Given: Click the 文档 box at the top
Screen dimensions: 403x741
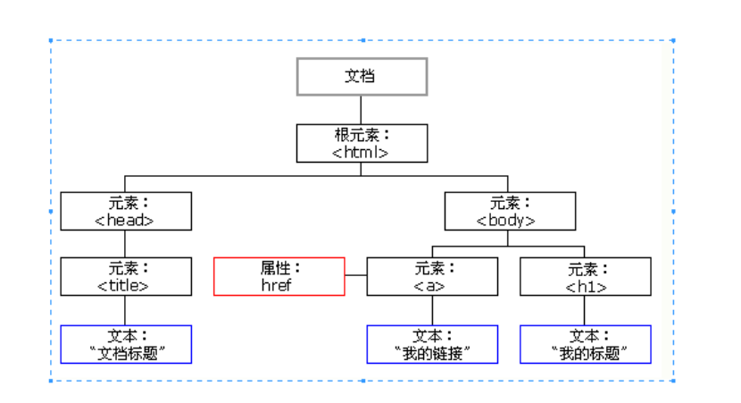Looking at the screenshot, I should [362, 77].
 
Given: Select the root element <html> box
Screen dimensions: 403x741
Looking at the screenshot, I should [362, 143].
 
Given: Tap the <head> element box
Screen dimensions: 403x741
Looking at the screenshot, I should [126, 212].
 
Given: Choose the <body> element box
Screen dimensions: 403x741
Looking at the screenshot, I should [509, 212].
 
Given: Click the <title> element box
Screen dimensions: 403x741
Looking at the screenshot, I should [126, 277].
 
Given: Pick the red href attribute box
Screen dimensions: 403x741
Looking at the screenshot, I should [279, 277].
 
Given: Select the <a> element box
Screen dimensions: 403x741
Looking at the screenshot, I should [432, 277].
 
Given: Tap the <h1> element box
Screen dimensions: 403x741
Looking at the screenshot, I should [585, 277].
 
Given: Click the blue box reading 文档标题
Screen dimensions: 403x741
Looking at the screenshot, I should [126, 344].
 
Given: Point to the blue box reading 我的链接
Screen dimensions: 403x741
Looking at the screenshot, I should [432, 344].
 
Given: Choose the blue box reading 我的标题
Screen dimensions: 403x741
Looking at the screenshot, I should [585, 344].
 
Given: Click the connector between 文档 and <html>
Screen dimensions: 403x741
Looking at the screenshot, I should [362, 109].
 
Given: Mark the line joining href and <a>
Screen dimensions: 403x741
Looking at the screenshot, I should [355, 277].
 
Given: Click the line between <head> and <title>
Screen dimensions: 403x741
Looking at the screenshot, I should [126, 244].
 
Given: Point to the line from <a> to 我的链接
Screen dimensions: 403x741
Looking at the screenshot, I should [432, 310].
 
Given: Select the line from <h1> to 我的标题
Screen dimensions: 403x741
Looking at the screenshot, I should [585, 310].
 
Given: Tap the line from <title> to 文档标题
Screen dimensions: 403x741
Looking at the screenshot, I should [126, 310].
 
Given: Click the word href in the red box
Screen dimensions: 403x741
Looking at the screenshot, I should [279, 286].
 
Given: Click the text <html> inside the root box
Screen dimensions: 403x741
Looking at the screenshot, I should [362, 152].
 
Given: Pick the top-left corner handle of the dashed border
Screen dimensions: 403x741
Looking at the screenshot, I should [51, 40].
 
